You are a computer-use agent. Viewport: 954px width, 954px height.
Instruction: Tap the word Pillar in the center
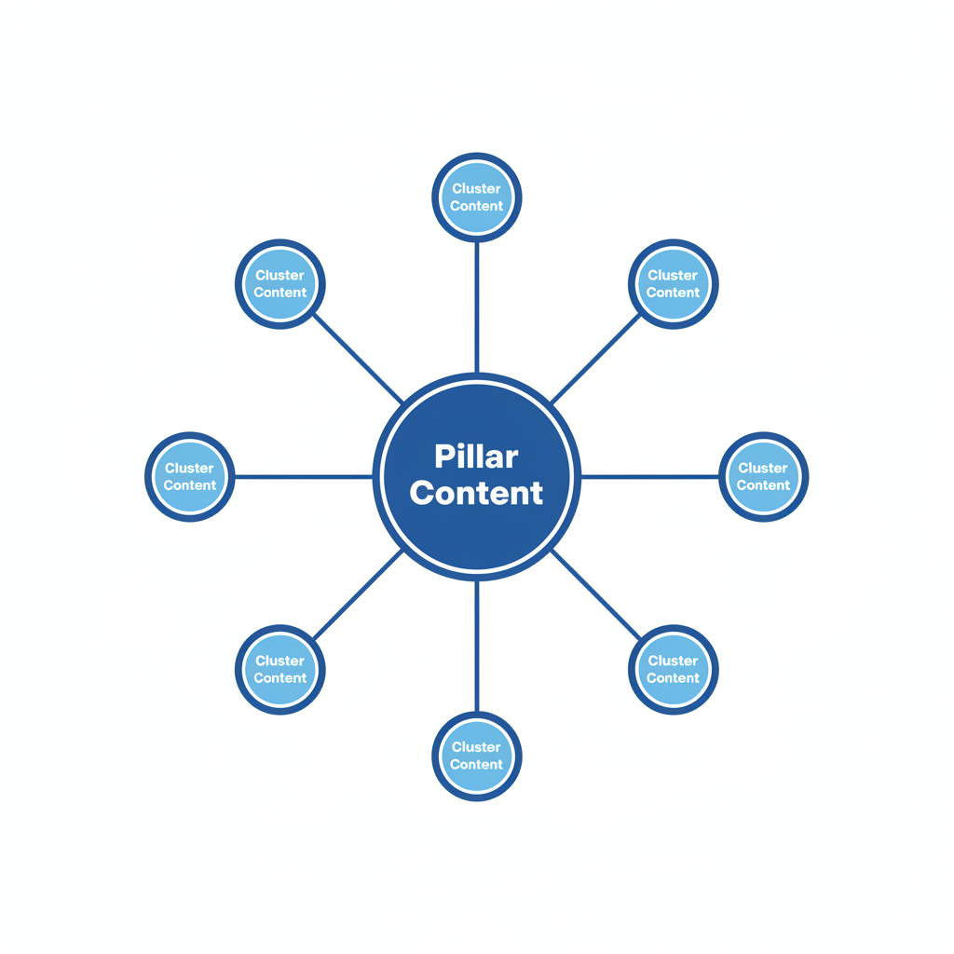point(476,457)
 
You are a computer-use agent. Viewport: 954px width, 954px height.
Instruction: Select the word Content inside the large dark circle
point(476,493)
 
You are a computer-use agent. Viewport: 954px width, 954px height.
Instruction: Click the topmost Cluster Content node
point(476,198)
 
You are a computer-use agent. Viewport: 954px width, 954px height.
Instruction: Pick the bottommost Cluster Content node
point(476,756)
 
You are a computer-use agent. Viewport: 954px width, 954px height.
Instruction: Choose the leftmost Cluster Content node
point(190,477)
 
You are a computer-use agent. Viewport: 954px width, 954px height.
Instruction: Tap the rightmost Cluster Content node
point(763,477)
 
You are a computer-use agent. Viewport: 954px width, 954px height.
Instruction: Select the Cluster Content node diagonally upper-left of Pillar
point(279,284)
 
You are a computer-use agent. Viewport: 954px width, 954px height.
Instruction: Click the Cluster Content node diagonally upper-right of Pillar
point(673,284)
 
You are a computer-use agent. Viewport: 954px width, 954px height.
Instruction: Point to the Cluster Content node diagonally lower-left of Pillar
point(279,669)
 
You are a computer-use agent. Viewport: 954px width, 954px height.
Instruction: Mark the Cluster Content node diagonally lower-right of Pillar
point(673,669)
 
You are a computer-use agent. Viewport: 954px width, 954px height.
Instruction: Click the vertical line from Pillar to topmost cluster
point(476,307)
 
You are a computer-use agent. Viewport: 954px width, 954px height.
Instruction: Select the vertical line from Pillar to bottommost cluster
point(476,647)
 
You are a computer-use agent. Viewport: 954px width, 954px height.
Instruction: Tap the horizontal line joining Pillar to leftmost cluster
point(303,477)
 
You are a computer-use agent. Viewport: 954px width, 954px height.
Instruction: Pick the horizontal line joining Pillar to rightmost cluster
point(650,477)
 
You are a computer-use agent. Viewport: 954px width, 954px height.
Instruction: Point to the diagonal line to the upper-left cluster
point(359,360)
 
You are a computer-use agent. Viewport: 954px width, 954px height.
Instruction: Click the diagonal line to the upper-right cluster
point(595,359)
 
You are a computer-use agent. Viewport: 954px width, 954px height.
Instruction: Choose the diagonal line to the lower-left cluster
point(359,594)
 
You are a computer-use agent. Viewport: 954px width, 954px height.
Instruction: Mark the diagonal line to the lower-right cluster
point(595,594)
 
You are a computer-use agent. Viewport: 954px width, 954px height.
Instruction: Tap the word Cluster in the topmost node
point(476,189)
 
